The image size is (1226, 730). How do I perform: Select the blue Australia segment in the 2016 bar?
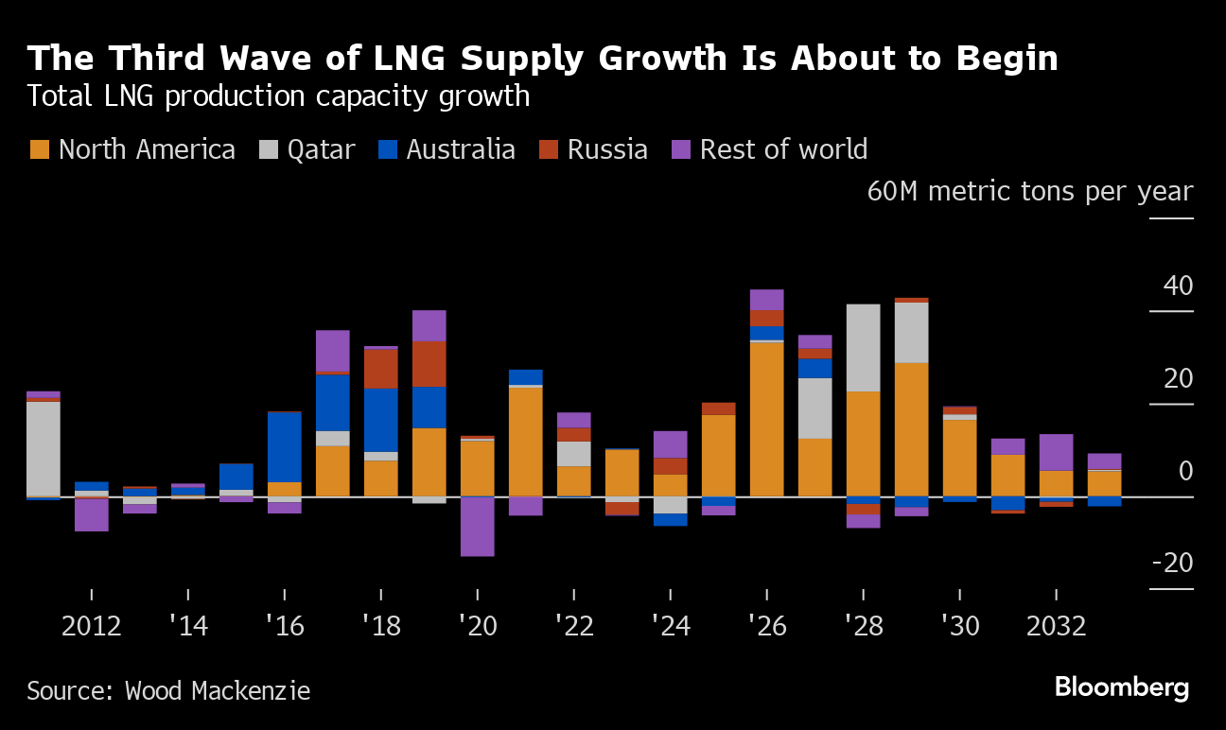(x=285, y=446)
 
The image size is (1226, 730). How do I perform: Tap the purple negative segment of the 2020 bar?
(x=478, y=526)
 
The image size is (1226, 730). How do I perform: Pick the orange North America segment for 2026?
(x=766, y=419)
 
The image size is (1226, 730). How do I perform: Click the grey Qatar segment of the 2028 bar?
(x=863, y=347)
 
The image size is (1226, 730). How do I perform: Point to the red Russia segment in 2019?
(x=429, y=364)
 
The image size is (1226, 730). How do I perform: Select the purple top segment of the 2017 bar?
(x=333, y=351)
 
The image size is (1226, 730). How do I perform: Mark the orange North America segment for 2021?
(x=526, y=441)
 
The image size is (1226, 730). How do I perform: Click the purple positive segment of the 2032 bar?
(x=1056, y=452)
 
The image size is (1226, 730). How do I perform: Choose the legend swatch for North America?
(x=39, y=149)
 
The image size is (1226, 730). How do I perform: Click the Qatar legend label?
(x=321, y=149)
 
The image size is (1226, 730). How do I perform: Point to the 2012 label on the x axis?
(x=92, y=626)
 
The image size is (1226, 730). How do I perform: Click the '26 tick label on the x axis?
(x=766, y=626)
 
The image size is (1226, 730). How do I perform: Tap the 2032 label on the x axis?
(x=1056, y=626)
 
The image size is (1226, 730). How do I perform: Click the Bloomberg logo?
(x=1122, y=687)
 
